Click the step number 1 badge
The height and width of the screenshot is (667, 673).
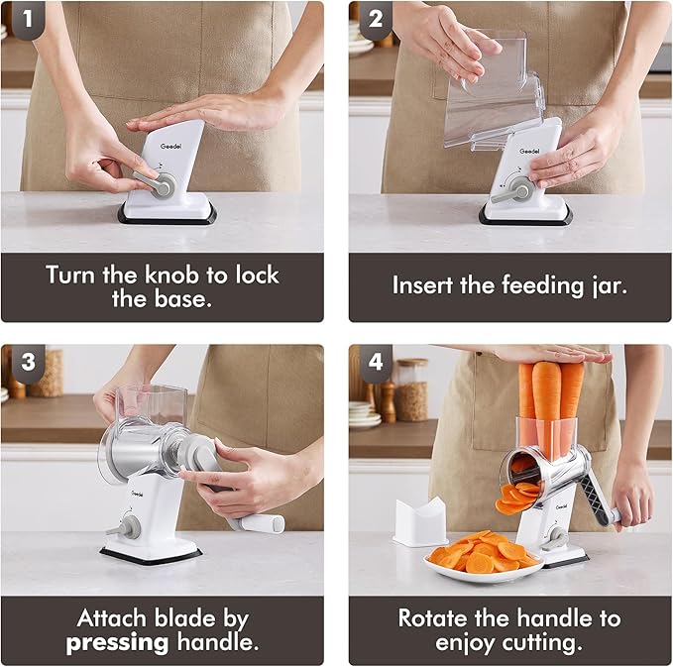[28, 19]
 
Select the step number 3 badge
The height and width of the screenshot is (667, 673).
[28, 362]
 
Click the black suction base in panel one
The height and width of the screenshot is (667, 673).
[167, 215]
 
